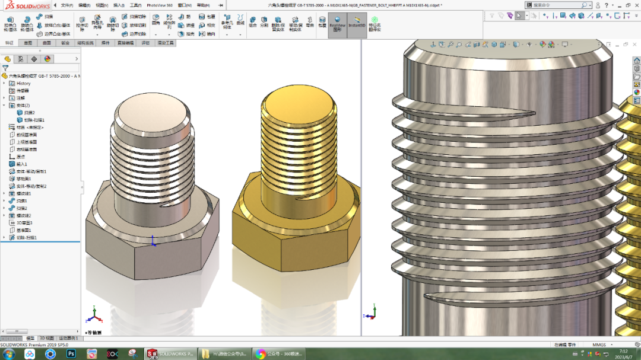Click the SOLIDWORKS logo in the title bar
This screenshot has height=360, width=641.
27,5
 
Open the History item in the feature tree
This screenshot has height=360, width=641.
23,83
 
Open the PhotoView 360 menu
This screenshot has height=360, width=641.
160,5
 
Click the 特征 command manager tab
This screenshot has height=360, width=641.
9,43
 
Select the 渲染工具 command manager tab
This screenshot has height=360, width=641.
165,43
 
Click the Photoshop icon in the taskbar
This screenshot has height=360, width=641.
71,353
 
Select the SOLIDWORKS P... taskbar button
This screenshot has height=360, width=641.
170,353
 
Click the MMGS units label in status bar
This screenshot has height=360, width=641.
599,345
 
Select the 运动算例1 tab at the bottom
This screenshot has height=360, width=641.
69,338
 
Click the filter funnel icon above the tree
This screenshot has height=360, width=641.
5,68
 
